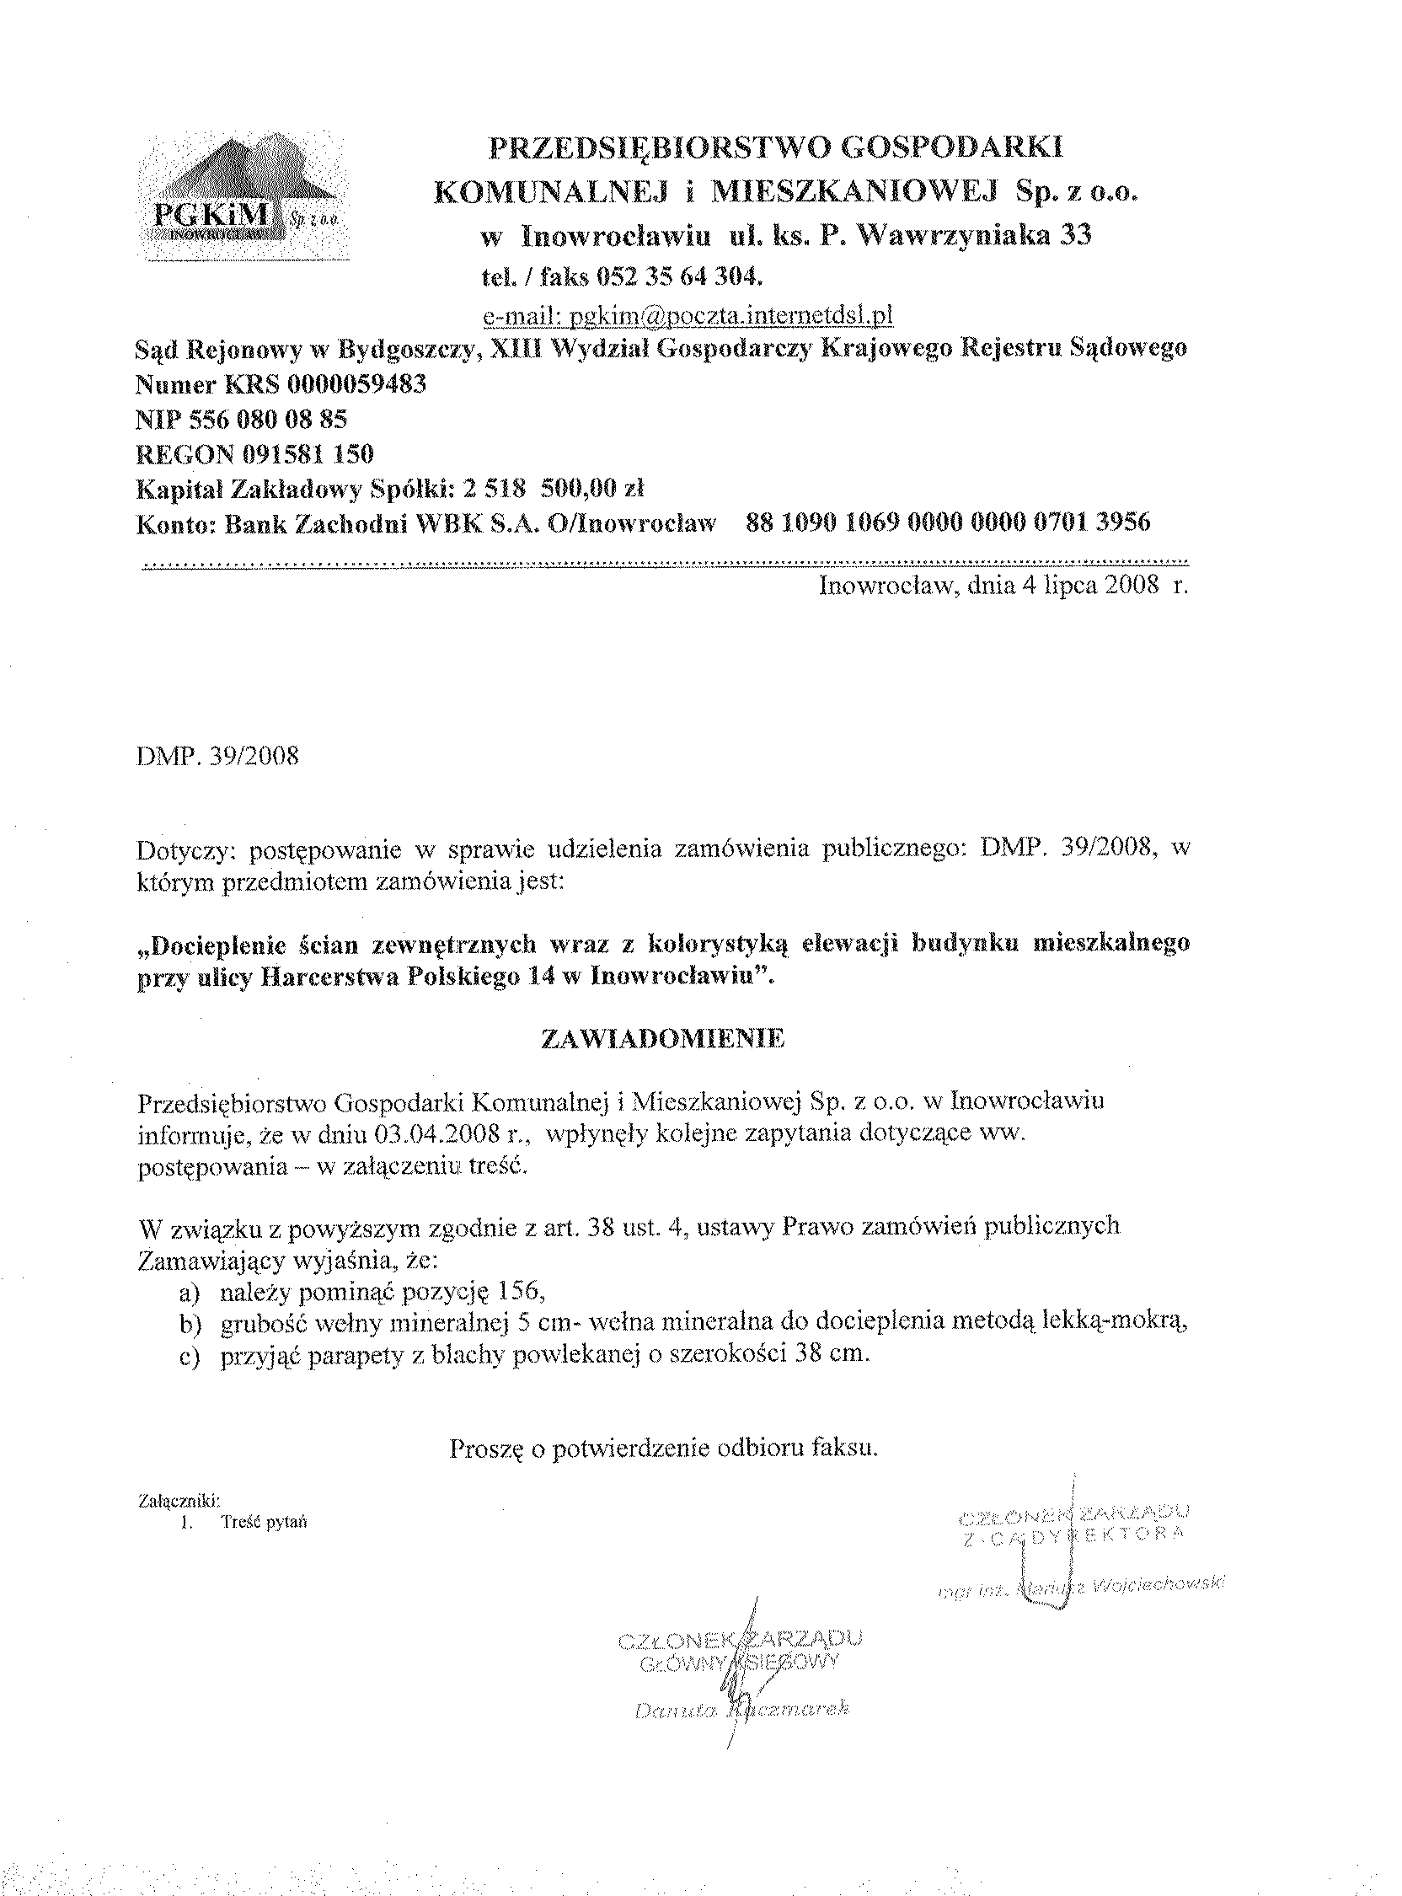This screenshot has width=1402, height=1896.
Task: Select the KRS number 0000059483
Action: (356, 384)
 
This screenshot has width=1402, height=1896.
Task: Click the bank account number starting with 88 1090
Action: (947, 522)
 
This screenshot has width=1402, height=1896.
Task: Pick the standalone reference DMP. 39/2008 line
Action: (217, 756)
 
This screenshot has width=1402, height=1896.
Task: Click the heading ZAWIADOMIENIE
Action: (663, 1040)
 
